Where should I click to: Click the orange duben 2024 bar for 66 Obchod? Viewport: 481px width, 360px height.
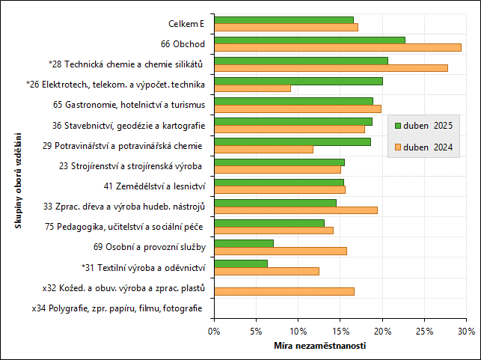coord(337,47)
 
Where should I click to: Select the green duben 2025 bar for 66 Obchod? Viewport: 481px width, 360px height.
coord(310,40)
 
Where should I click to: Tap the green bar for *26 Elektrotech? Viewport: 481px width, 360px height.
coord(298,81)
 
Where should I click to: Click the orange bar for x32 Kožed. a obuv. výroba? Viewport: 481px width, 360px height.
coord(284,291)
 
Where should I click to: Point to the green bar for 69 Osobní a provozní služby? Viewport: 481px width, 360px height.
coord(244,242)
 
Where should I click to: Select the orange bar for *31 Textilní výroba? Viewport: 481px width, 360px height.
coord(266,271)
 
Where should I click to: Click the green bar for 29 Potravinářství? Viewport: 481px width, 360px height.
coord(292,141)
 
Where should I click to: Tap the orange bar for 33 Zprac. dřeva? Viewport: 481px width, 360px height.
coord(295,210)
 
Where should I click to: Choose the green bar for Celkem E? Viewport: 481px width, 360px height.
coord(284,19)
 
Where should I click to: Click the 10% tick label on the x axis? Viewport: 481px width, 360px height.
coord(298,330)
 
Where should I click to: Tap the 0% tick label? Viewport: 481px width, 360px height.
coord(214,330)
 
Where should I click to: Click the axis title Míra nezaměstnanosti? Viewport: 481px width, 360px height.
coord(320,345)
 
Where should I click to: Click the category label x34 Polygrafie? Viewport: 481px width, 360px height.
coord(117,308)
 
